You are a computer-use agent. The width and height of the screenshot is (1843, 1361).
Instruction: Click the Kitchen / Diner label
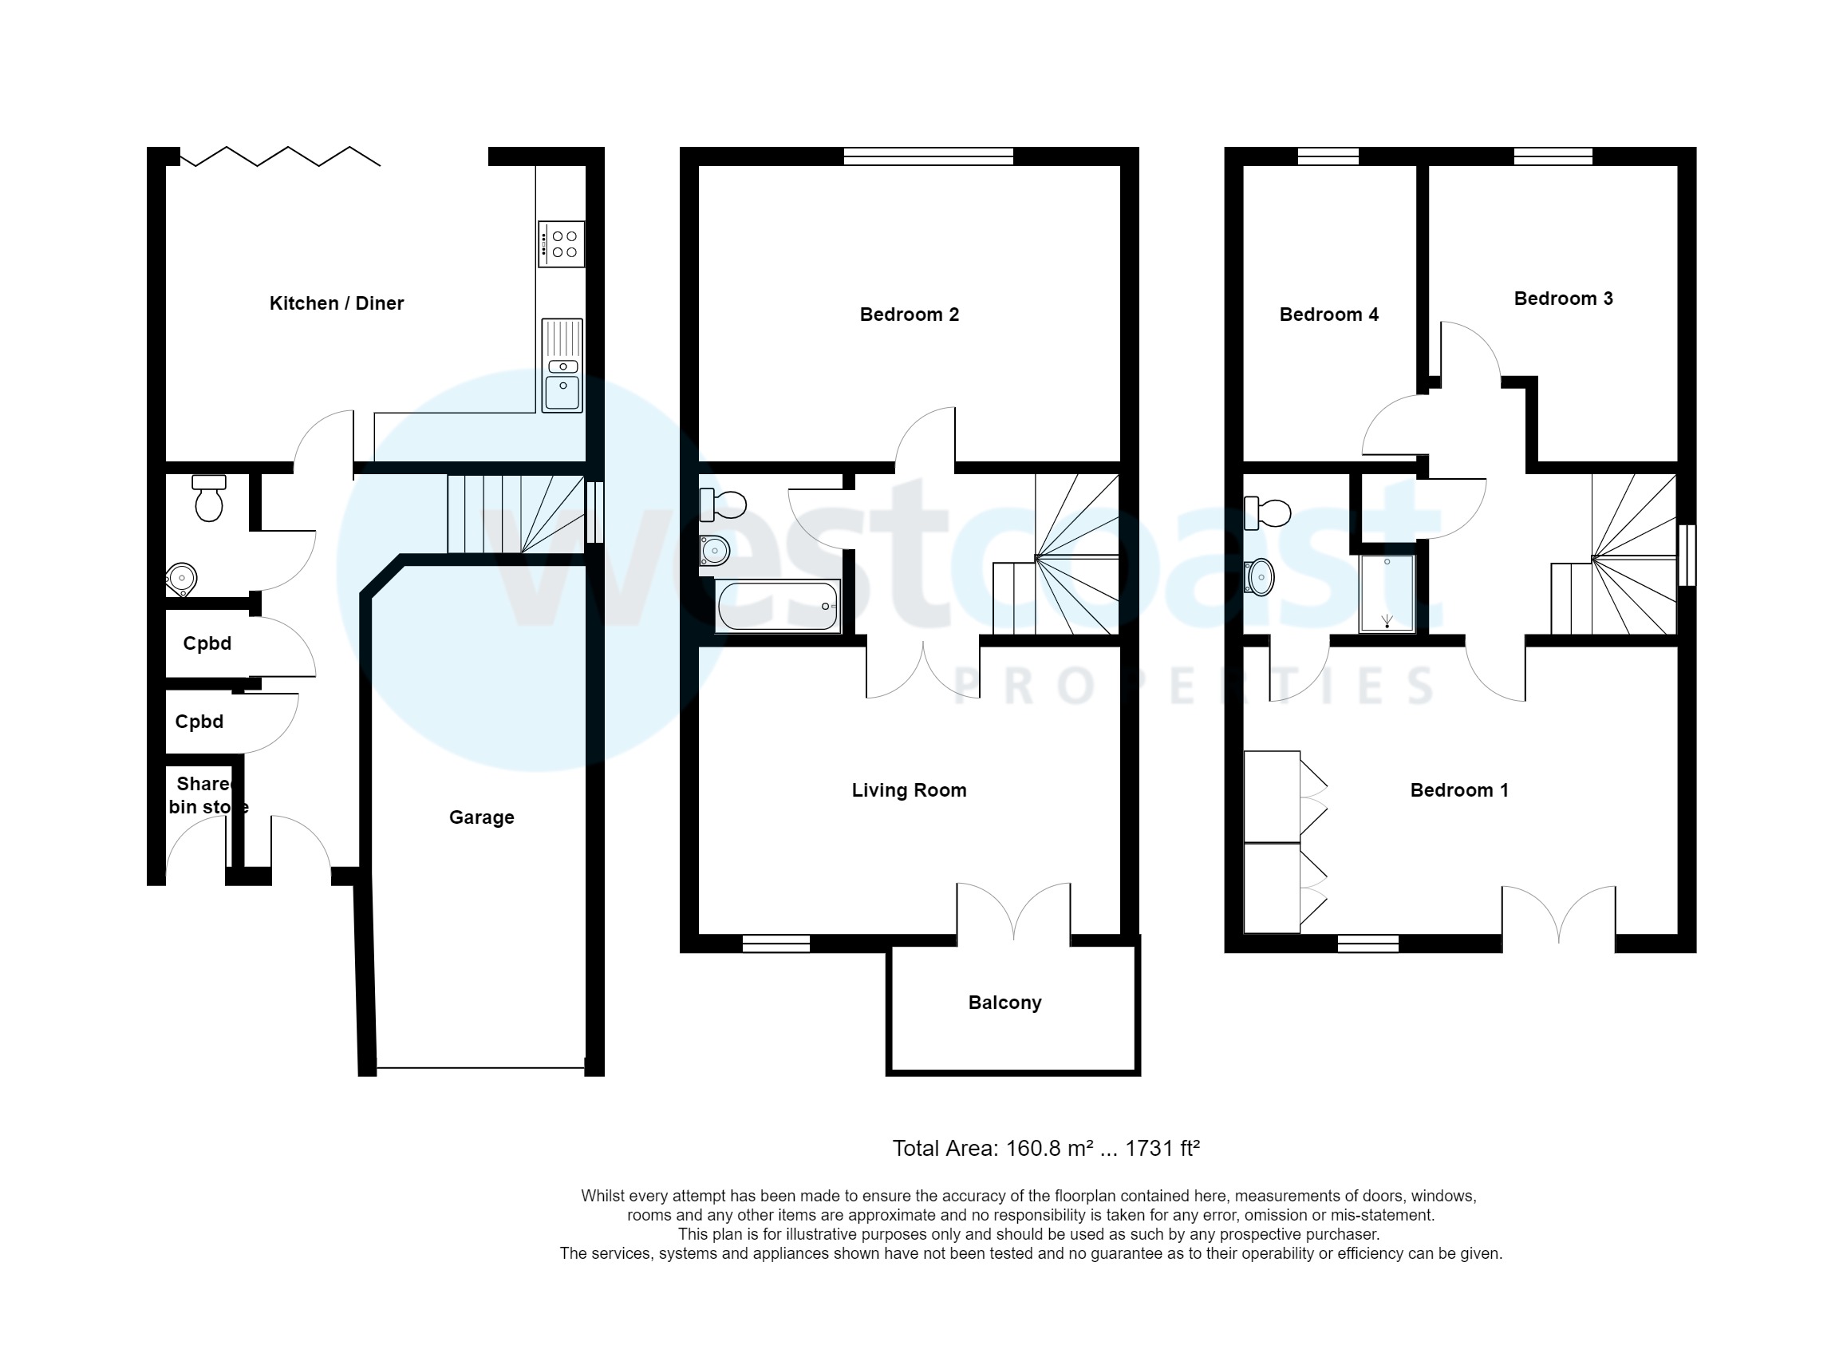(336, 303)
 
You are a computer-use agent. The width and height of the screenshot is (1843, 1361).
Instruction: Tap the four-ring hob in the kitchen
(562, 243)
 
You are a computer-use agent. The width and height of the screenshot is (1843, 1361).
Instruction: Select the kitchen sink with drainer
(562, 366)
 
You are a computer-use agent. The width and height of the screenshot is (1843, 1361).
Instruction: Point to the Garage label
(481, 817)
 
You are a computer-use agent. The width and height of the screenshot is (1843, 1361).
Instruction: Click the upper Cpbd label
(207, 643)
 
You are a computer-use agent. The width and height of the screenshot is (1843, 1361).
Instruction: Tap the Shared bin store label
(207, 795)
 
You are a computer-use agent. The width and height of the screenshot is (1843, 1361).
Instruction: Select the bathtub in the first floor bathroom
(777, 607)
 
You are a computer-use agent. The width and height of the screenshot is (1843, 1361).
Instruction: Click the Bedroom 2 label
(910, 315)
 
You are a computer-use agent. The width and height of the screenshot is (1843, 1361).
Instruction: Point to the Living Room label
(910, 790)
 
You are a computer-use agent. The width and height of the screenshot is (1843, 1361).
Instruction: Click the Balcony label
(1004, 1003)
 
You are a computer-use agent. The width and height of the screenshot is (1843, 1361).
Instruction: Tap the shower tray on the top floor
(1387, 593)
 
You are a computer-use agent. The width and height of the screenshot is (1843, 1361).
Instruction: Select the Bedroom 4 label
(1328, 315)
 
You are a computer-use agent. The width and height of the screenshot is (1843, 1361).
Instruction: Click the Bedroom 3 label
(1563, 299)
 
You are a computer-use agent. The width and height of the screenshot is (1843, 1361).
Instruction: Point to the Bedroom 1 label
(1459, 790)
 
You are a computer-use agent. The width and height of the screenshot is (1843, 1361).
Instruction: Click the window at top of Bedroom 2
(928, 156)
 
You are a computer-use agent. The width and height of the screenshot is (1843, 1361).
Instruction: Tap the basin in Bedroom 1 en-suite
(1260, 577)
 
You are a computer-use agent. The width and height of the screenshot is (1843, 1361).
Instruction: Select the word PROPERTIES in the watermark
(1194, 686)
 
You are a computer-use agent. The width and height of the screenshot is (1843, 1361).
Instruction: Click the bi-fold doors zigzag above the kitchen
(280, 156)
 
